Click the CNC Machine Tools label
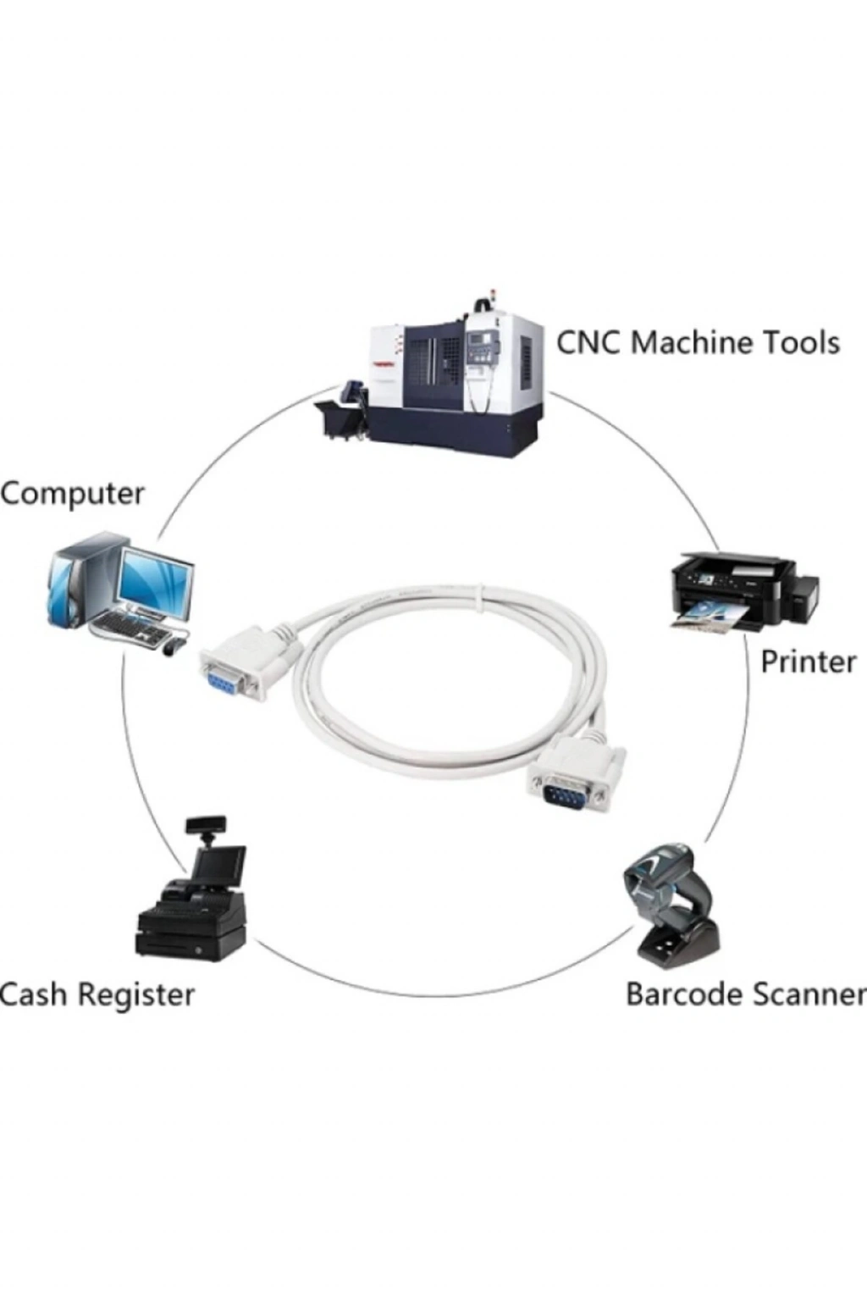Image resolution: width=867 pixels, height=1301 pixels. tap(698, 343)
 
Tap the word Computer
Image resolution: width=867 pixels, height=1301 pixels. tap(73, 494)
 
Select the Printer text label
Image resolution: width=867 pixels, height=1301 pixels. tap(808, 662)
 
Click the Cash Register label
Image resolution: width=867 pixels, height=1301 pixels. tap(97, 994)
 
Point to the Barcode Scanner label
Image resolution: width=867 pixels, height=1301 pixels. tap(745, 994)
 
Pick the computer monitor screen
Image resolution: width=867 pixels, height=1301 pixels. tap(155, 579)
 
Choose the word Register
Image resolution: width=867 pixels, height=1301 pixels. tap(139, 994)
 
